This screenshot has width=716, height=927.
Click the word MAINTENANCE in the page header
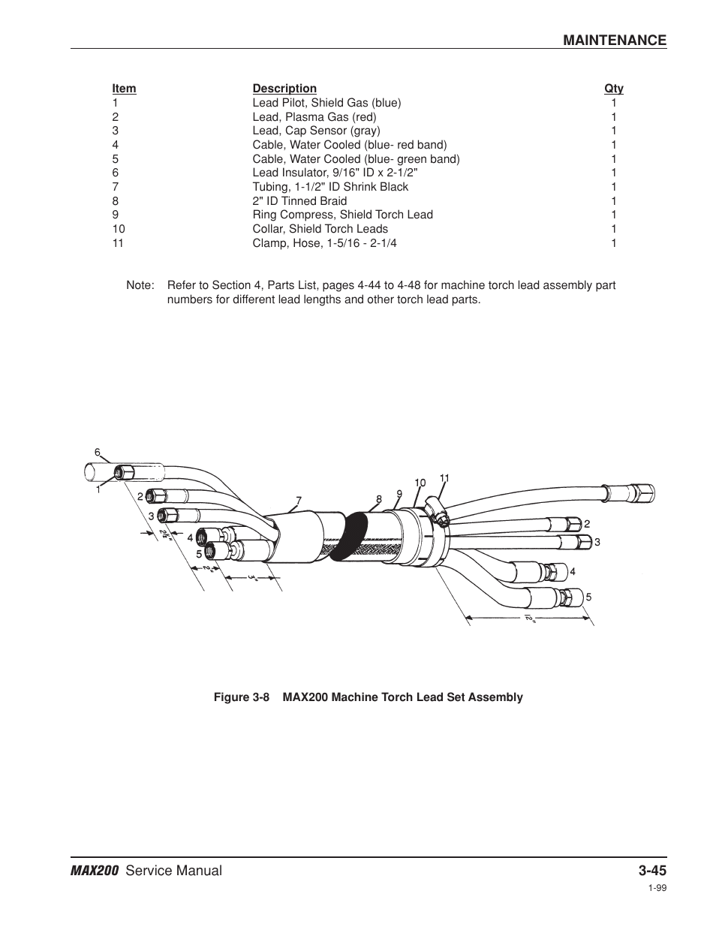tap(615, 41)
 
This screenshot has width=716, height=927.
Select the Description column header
tap(284, 89)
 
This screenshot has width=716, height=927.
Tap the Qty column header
tap(613, 89)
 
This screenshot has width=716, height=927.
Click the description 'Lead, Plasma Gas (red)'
tap(314, 117)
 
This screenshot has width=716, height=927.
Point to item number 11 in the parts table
tap(118, 243)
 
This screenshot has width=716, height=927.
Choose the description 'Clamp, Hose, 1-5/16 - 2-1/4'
tap(324, 243)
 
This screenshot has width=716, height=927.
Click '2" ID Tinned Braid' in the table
tap(299, 201)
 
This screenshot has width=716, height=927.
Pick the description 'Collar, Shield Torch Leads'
tap(320, 229)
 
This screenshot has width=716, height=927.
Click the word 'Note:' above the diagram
tap(140, 285)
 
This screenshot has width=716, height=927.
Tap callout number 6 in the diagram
tap(98, 452)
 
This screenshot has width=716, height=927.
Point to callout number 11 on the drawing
tap(444, 477)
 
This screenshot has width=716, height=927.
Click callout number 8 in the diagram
tap(379, 498)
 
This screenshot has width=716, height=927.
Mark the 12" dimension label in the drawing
tap(528, 619)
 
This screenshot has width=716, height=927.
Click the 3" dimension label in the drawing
tap(252, 579)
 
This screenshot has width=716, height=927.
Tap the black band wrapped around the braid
tap(351, 534)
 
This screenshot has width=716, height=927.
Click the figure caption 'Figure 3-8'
tap(241, 697)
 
